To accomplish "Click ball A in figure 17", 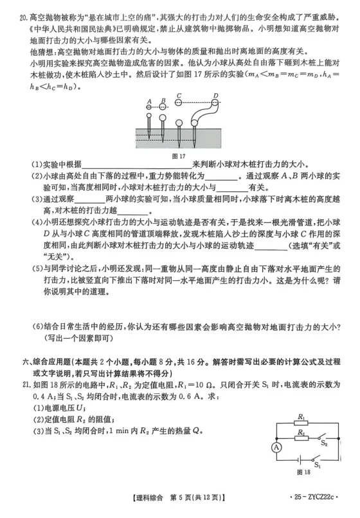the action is click(149, 107).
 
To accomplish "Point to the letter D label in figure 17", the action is click(216, 94).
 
